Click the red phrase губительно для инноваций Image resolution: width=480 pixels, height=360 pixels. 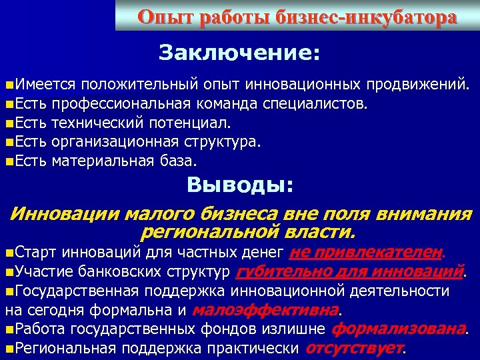click(x=350, y=272)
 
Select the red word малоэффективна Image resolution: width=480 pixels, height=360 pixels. click(x=266, y=310)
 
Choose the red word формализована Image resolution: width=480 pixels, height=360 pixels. click(x=397, y=329)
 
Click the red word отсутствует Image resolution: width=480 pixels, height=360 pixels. click(x=355, y=348)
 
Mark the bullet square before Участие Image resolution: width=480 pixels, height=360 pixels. click(x=8, y=273)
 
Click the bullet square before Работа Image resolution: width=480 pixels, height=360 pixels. click(x=8, y=329)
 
